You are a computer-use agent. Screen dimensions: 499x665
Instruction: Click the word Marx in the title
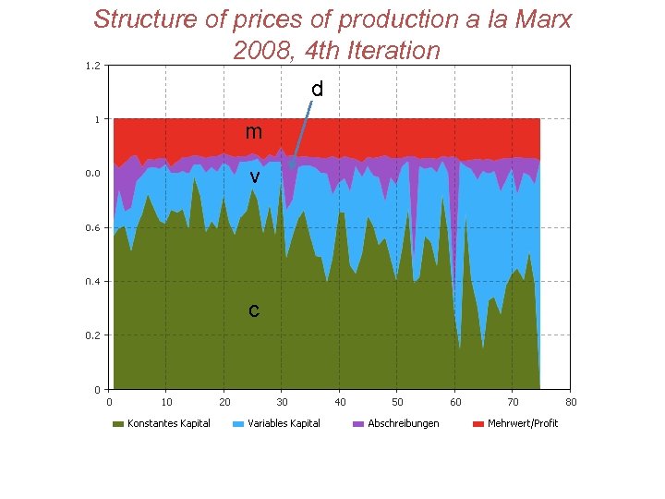click(540, 18)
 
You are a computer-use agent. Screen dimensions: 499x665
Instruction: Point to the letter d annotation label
click(317, 90)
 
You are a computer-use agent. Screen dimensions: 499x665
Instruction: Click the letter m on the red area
click(253, 132)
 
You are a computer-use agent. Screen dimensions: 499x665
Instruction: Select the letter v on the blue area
click(254, 176)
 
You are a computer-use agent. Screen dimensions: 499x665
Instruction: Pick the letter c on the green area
click(254, 310)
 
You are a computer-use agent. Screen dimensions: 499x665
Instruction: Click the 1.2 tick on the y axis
click(92, 66)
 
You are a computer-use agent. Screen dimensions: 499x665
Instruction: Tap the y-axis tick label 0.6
click(92, 227)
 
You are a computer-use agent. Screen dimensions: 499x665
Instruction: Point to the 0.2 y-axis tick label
click(92, 335)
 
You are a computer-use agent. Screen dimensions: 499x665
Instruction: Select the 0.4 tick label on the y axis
click(92, 282)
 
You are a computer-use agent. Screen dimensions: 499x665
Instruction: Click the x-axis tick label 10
click(166, 401)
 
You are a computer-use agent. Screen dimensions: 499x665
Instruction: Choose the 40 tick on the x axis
click(340, 401)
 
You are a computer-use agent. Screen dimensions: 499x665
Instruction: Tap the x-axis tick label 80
click(571, 401)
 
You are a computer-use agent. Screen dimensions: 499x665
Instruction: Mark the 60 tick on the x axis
click(455, 401)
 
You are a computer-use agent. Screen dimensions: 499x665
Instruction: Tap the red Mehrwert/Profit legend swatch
click(478, 423)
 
